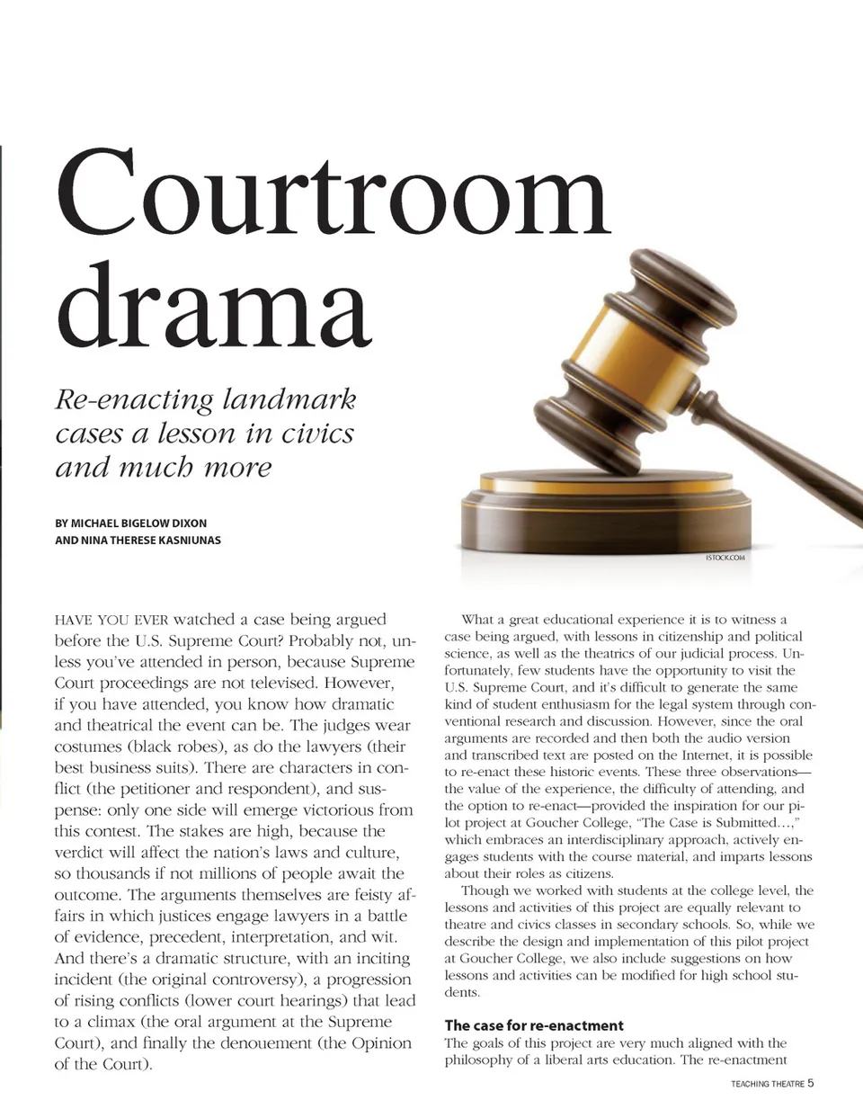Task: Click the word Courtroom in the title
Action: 333,192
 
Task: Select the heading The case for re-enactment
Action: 534,1025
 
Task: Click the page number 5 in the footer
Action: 811,1083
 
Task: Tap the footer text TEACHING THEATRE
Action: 767,1084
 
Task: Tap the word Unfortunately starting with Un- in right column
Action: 792,653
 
